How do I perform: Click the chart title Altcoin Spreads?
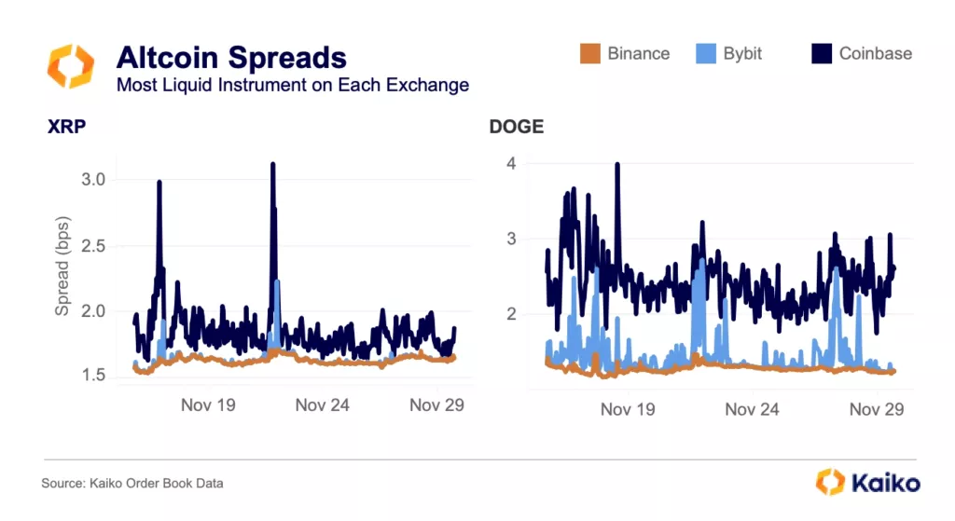(x=230, y=58)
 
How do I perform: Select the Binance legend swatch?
(x=589, y=53)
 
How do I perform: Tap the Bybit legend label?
(x=742, y=53)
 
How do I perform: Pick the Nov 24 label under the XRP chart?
(x=322, y=404)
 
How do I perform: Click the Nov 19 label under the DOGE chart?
(x=628, y=409)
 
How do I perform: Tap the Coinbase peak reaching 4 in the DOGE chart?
(x=617, y=166)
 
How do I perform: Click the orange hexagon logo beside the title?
(x=70, y=65)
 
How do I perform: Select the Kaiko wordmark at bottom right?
(x=884, y=483)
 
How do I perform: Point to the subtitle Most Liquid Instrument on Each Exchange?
(x=292, y=85)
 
